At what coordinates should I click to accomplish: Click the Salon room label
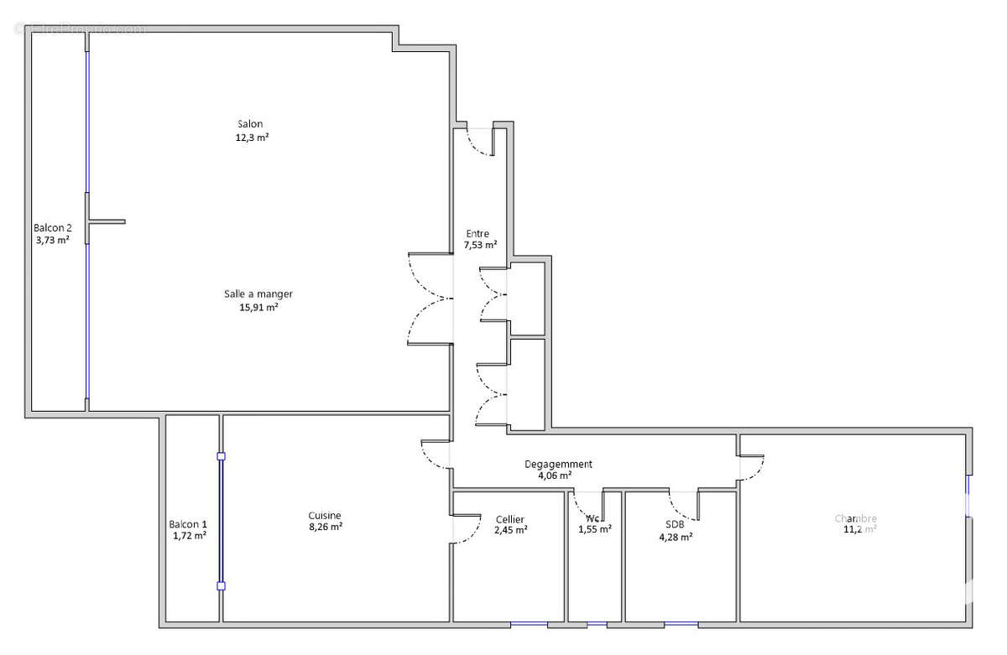tap(249, 124)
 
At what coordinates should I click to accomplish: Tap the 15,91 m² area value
tap(258, 307)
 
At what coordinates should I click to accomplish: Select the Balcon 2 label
tap(53, 227)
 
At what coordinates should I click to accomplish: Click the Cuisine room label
tap(325, 515)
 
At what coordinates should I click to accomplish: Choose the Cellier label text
tap(510, 519)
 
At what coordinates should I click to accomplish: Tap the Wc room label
tap(594, 517)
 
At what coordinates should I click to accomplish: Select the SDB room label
tap(676, 524)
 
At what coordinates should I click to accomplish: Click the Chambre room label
tap(855, 518)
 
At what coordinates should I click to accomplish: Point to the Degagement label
tap(558, 464)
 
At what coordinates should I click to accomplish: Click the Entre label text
tap(478, 234)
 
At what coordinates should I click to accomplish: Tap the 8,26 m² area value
tap(325, 528)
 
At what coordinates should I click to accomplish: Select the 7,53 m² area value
tap(480, 246)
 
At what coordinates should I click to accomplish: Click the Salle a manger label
tap(258, 294)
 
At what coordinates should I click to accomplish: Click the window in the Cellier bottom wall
tap(529, 625)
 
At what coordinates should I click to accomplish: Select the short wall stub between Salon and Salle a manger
tap(107, 221)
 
